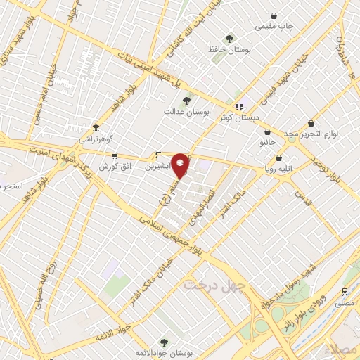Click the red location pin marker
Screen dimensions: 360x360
click(181, 165)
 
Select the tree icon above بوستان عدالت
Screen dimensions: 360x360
click(186, 101)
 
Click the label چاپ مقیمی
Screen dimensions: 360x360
click(273, 26)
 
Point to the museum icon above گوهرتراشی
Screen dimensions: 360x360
click(96, 129)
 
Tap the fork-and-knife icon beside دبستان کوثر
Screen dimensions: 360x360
click(239, 107)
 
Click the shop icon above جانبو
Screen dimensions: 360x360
click(267, 131)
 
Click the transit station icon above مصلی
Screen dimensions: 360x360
click(345, 291)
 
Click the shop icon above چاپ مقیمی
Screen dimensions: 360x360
click(273, 14)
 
